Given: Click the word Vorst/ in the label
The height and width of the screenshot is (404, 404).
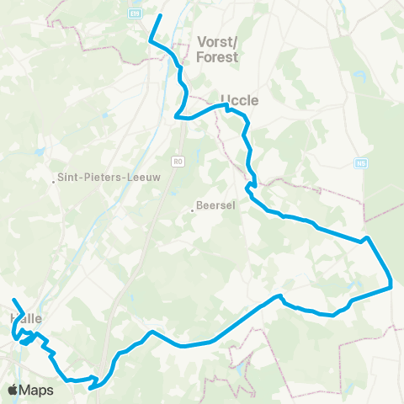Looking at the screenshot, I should [x=217, y=40].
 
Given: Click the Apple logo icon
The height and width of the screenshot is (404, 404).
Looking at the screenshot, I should [x=13, y=390].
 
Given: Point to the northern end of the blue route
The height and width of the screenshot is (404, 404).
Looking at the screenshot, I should [x=161, y=15].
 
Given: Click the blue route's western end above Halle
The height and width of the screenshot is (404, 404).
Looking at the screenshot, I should [x=13, y=300].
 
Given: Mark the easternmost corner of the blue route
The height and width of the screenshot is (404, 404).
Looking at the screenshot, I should [x=392, y=286].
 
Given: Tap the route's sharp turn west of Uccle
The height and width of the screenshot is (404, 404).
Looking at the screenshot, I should [x=176, y=118].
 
